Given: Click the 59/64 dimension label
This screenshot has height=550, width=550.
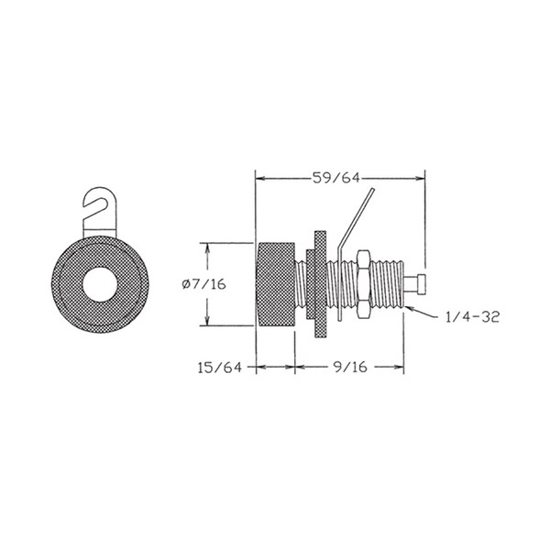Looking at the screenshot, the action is point(336,178).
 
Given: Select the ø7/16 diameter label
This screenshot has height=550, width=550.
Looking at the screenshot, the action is point(203,284).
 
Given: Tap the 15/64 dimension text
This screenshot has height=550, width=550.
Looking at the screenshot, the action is point(220,368).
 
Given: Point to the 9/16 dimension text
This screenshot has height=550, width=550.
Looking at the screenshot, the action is point(349,367).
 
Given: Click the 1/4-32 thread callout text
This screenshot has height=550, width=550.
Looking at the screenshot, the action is point(472,317).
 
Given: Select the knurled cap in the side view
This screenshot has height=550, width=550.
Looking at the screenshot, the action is point(276,284).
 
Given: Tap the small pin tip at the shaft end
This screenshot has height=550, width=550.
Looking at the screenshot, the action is point(415,284).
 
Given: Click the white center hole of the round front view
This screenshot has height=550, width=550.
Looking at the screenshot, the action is point(100,284).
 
